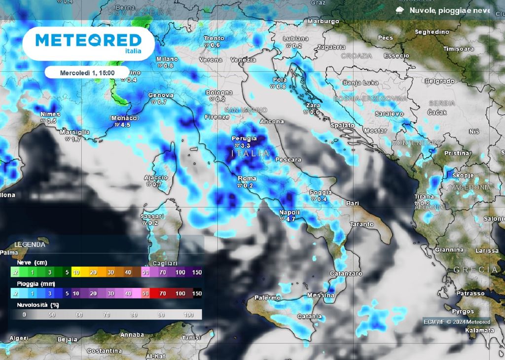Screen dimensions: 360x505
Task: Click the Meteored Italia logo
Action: [x=88, y=43]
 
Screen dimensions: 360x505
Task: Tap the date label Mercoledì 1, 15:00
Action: [x=87, y=72]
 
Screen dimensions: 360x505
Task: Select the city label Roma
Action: [x=247, y=179]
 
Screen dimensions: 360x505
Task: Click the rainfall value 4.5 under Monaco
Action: [x=126, y=125]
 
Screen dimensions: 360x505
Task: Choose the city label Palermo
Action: [x=268, y=298]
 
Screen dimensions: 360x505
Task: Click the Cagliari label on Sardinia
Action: [x=165, y=263]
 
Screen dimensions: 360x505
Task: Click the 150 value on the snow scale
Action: [x=196, y=272]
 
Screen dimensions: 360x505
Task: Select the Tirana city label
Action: [x=424, y=197]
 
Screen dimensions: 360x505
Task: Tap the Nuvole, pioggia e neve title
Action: [x=449, y=10]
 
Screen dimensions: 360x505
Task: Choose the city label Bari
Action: [x=352, y=203]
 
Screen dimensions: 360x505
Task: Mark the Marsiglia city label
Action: [x=74, y=132]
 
